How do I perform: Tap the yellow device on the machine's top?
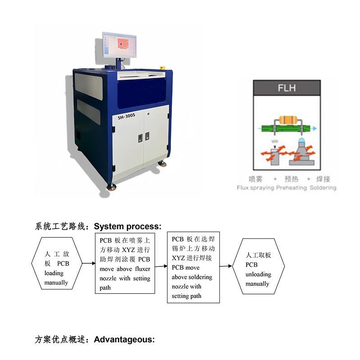click(x=162, y=68)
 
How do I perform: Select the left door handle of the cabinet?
click(x=140, y=137)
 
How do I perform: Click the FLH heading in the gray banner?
click(x=287, y=88)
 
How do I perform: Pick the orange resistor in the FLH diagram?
click(x=287, y=120)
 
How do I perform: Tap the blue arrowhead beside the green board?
click(x=314, y=129)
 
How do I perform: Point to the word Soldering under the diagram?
click(x=323, y=188)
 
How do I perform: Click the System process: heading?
click(x=127, y=226)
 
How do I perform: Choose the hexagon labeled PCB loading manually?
click(x=57, y=269)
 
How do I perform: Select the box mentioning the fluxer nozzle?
click(x=125, y=264)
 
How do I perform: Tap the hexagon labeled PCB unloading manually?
click(x=258, y=270)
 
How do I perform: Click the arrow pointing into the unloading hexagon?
click(x=226, y=266)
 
